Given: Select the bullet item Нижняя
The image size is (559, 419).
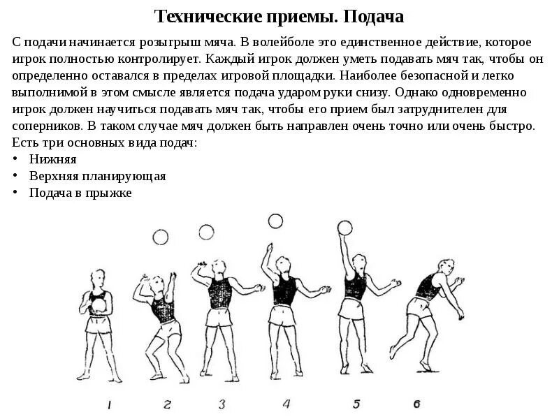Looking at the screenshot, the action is pyautogui.click(x=52, y=159).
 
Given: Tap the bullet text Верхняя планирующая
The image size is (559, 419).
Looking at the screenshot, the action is pyautogui.click(x=97, y=176).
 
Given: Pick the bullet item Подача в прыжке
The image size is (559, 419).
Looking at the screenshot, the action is pyautogui.click(x=80, y=193).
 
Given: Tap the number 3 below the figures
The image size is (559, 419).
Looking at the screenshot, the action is pyautogui.click(x=222, y=404).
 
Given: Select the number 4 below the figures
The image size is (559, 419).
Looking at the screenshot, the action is pyautogui.click(x=286, y=403).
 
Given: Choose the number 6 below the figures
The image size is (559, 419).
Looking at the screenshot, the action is pyautogui.click(x=416, y=403).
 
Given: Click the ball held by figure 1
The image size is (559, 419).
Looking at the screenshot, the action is pyautogui.click(x=99, y=305).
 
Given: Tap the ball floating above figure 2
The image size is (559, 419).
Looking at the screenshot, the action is pyautogui.click(x=161, y=238).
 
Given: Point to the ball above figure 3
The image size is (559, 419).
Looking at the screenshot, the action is pyautogui.click(x=206, y=232).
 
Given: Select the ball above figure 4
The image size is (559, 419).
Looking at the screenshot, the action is pyautogui.click(x=275, y=221).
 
